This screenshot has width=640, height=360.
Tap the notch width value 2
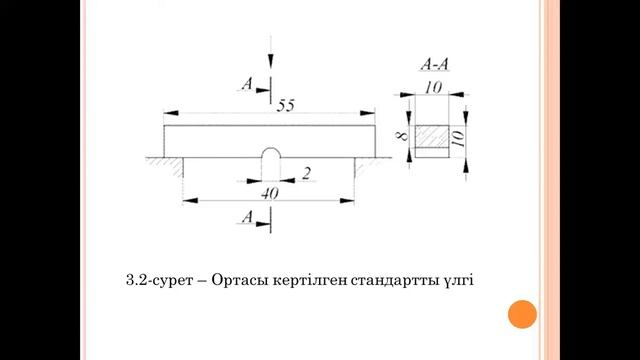(x=306, y=172)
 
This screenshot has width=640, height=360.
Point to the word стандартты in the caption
(x=388, y=280)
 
